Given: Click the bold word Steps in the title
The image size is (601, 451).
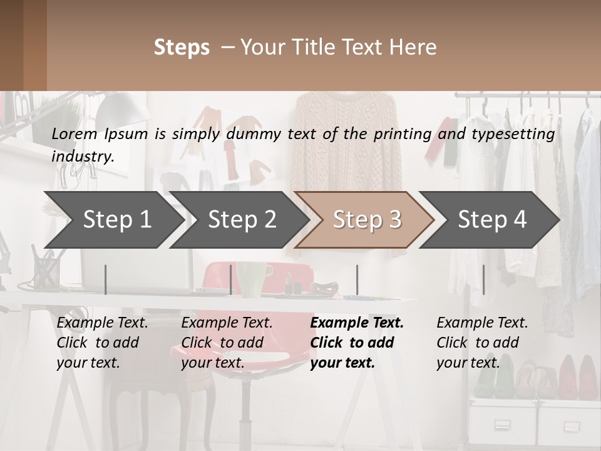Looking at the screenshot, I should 182,47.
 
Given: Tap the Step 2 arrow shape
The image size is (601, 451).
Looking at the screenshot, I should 238,220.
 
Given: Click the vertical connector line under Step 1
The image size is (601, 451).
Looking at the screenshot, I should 106,279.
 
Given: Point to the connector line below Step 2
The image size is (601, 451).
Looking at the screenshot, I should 232,279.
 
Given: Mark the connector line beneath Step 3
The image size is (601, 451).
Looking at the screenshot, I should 357,279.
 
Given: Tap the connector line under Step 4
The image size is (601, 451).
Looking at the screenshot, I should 484,279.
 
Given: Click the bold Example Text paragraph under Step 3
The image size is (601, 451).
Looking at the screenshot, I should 357,343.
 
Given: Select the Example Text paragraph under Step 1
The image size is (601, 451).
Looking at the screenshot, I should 103,343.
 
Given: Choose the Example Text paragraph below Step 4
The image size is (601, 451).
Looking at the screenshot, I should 482,343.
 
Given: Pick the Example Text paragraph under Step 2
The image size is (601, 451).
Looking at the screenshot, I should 227,343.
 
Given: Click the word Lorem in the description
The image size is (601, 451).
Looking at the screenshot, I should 74,133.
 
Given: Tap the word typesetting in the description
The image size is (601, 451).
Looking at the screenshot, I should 518,133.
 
